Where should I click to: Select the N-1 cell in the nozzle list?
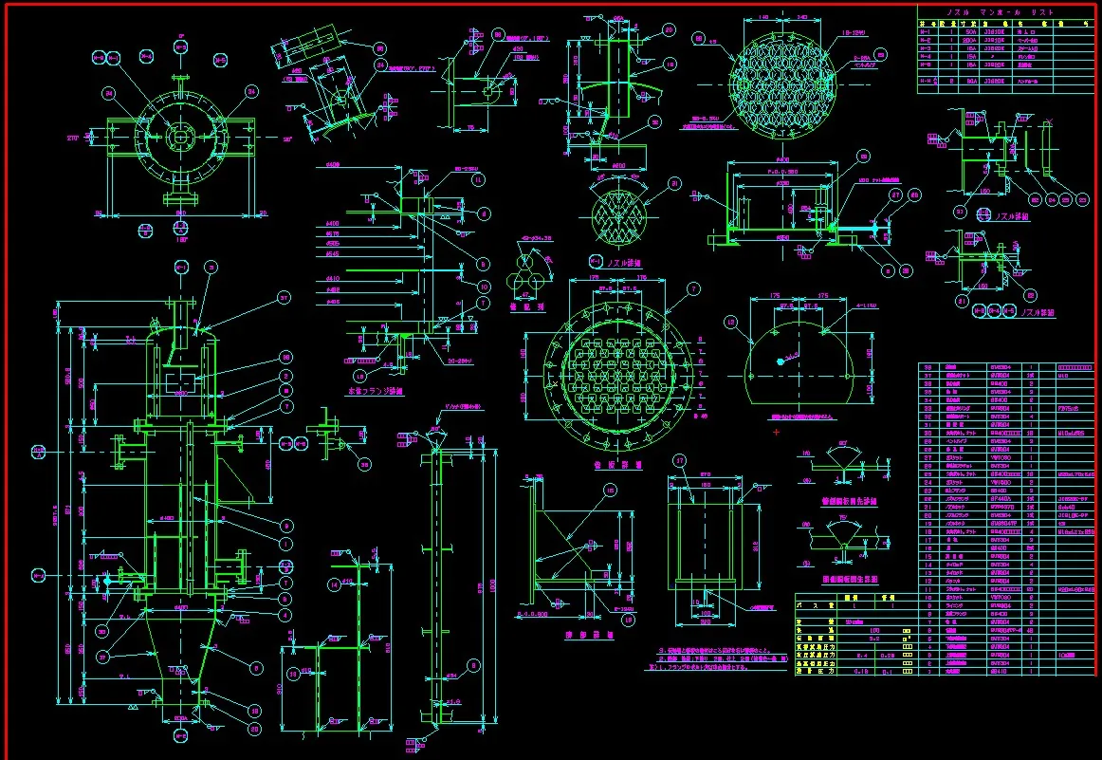coord(928,30)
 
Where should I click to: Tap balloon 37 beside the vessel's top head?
coord(283,298)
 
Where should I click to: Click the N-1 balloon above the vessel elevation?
coord(181,269)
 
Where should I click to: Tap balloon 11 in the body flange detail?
coord(477,178)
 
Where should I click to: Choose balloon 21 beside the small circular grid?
coord(675,183)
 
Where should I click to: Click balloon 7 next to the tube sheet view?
coord(693,288)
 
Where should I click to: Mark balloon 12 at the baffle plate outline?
coord(730,323)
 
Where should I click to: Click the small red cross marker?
coord(776,433)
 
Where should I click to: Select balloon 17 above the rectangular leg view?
coord(679,461)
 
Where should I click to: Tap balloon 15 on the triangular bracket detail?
coord(611,491)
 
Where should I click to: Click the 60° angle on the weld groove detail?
coord(843,444)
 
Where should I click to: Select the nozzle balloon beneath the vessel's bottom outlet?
coord(181,734)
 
